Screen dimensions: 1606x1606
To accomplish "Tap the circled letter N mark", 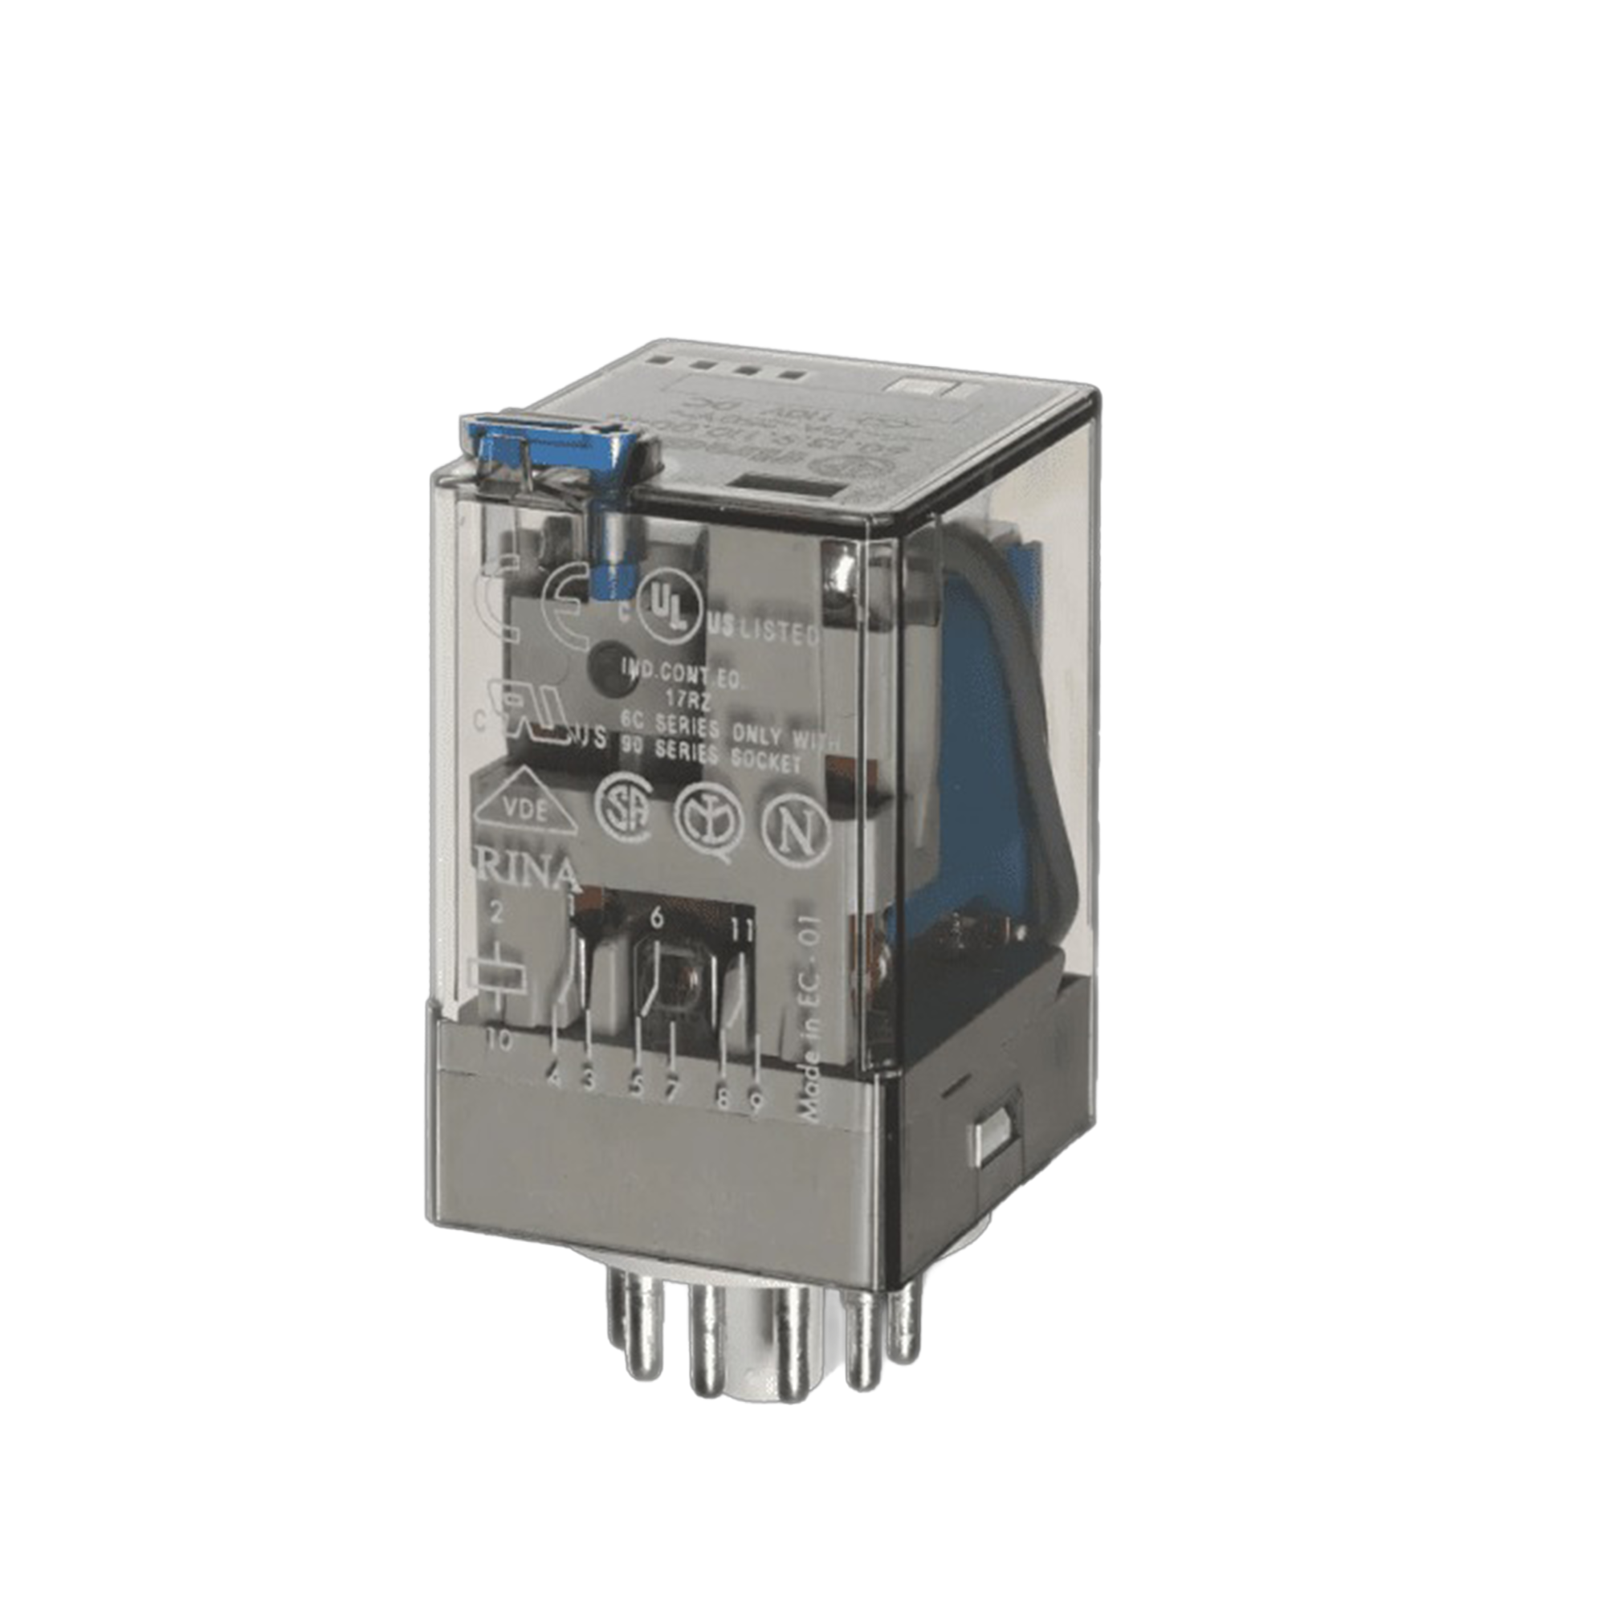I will (796, 832).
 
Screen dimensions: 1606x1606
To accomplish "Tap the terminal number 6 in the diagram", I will (657, 918).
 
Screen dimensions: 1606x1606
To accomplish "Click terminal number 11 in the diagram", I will (742, 929).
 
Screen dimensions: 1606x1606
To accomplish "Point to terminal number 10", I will (499, 1040).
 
